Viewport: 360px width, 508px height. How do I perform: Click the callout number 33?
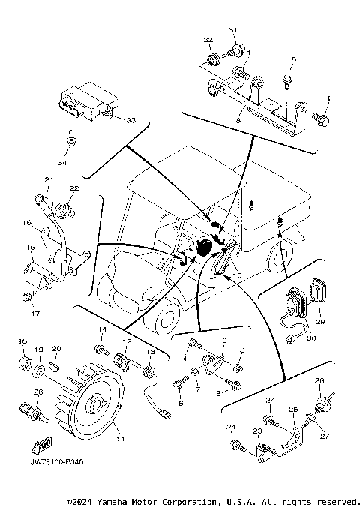[x=130, y=120]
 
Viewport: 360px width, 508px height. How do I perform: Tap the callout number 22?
[x=74, y=188]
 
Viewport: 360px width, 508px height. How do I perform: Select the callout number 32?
[x=208, y=38]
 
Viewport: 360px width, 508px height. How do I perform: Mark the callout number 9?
[x=293, y=59]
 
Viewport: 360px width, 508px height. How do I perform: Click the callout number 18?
[x=22, y=342]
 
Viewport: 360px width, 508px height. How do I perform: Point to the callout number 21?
[x=48, y=179]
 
